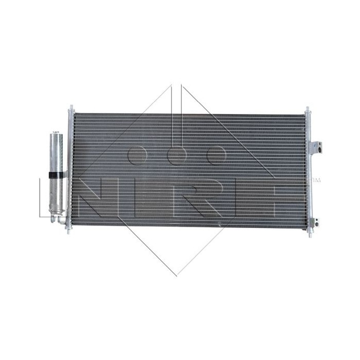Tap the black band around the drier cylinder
57,176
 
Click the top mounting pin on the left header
70,109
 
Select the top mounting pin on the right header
307,110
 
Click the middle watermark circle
176,155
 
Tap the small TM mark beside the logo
316,181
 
